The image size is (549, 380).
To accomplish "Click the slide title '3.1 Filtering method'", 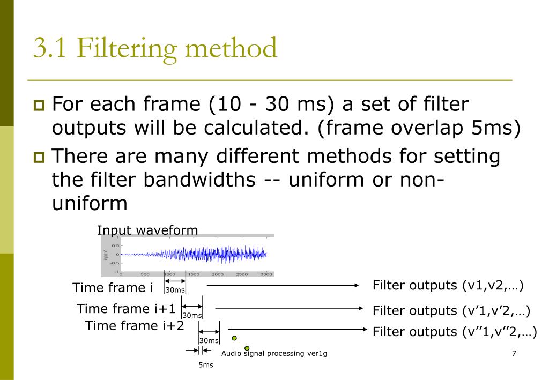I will pos(155,49).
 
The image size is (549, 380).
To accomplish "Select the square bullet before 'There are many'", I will pos(40,158).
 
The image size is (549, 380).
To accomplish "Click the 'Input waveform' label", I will pos(147,230).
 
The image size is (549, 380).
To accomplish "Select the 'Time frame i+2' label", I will pos(135,325).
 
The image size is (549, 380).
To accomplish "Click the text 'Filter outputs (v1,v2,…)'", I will pos(448,285).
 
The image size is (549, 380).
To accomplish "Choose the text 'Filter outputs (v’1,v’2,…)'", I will pos(451,310).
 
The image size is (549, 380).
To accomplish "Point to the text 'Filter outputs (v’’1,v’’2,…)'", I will pos(455,332).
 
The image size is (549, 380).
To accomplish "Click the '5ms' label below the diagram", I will pos(206,365).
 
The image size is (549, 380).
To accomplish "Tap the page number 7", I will pos(514,353).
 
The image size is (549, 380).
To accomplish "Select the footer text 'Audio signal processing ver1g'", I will pos(274,353).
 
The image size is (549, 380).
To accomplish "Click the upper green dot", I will pos(234,338).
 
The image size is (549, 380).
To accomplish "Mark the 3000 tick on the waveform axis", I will pos(266,274).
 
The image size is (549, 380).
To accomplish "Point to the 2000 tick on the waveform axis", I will pos(218,274).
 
